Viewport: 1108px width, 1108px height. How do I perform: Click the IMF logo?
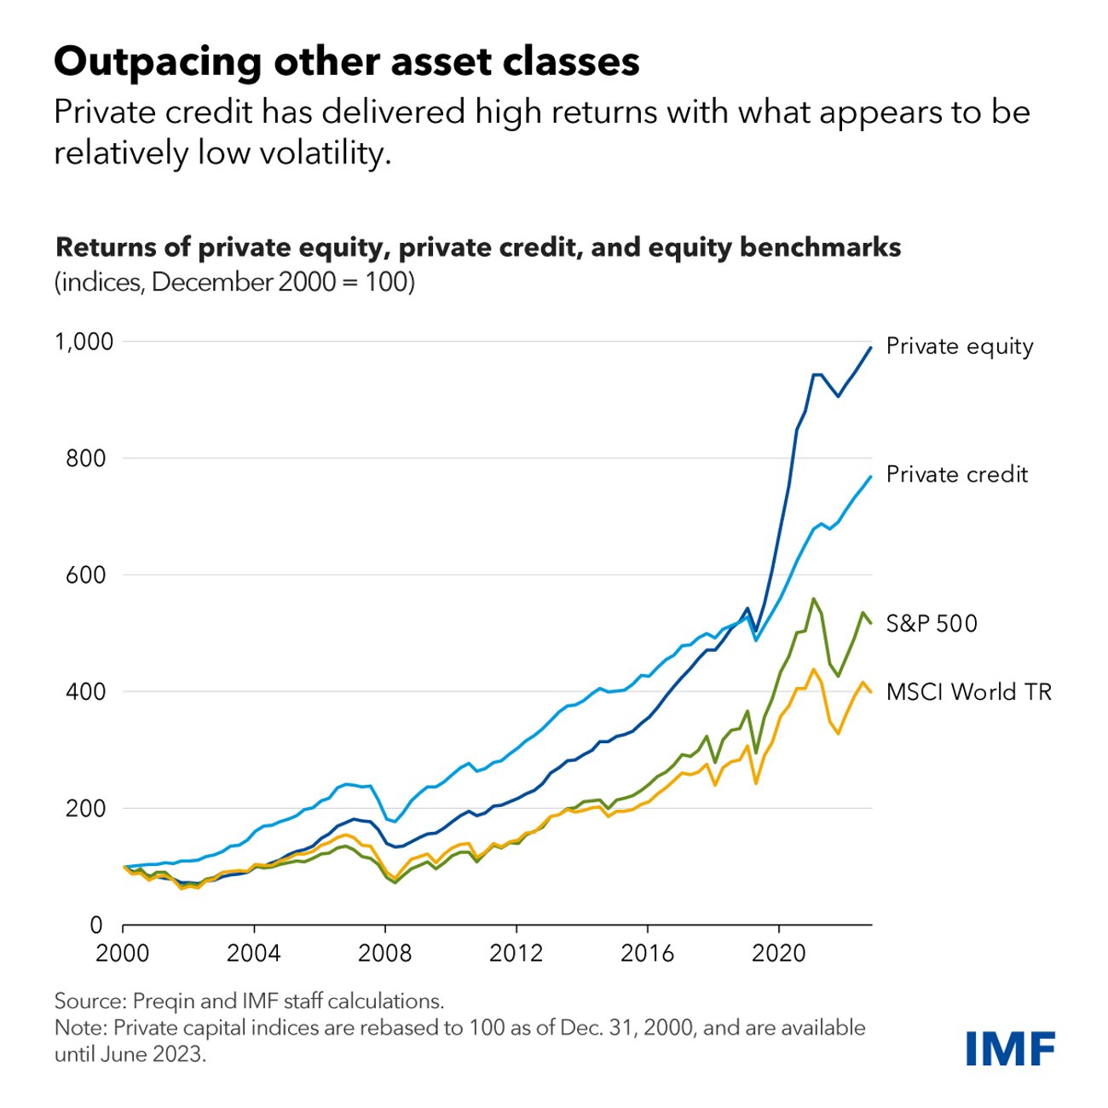pyautogui.click(x=1010, y=1047)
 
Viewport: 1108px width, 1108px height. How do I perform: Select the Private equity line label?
pyautogui.click(x=960, y=346)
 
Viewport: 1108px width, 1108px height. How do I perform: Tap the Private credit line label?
pyautogui.click(x=957, y=474)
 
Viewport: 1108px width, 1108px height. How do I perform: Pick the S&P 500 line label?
pyautogui.click(x=932, y=623)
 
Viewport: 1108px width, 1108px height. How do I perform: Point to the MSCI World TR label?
pyautogui.click(x=969, y=691)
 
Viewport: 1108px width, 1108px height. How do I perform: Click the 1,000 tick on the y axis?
pyautogui.click(x=84, y=342)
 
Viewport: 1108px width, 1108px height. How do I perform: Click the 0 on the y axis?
pyautogui.click(x=95, y=925)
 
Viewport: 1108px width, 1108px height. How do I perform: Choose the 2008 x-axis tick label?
pyautogui.click(x=384, y=952)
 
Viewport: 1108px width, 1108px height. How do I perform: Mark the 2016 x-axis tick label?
pyautogui.click(x=647, y=952)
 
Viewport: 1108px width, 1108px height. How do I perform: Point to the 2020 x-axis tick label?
pyautogui.click(x=778, y=952)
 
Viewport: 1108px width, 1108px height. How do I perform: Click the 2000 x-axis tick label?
pyautogui.click(x=123, y=952)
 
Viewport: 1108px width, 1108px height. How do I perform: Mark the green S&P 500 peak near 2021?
pyautogui.click(x=813, y=598)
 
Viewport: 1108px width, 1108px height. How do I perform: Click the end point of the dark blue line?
pyautogui.click(x=870, y=347)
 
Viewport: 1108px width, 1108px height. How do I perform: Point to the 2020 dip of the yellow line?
pyautogui.click(x=755, y=782)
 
